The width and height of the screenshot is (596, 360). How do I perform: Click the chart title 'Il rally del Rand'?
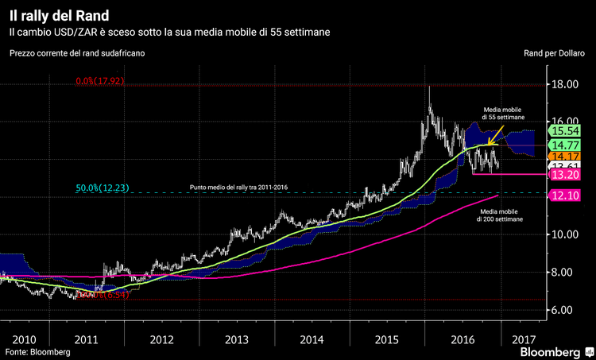[x=60, y=14]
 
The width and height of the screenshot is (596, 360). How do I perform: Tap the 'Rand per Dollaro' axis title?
[x=556, y=53]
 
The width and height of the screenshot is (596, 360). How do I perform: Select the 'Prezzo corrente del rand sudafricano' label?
[x=77, y=53]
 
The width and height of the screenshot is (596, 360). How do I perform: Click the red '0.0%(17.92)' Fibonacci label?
[x=101, y=81]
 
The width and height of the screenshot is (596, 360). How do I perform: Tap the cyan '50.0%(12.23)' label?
[x=103, y=188]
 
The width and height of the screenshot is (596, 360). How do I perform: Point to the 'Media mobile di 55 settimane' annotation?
[x=503, y=112]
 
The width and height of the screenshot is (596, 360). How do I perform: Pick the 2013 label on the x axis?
[x=237, y=339]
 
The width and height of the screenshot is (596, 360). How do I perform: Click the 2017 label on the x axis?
[x=524, y=339]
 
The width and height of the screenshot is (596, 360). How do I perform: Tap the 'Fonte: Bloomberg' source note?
[x=37, y=351]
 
